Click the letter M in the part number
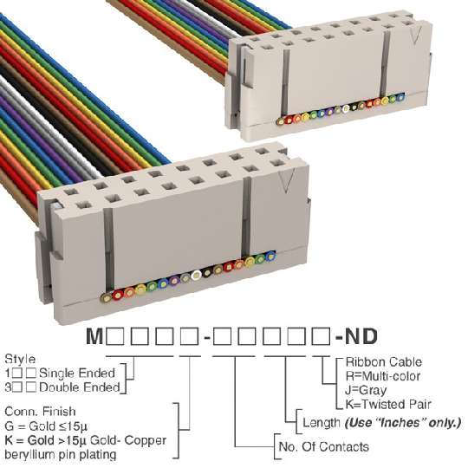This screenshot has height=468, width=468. (x=95, y=336)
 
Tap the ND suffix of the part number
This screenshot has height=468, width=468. (x=361, y=336)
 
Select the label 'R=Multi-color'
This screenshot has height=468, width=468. (x=383, y=376)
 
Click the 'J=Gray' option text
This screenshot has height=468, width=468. (x=366, y=390)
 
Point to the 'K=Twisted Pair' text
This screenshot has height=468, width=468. (x=388, y=405)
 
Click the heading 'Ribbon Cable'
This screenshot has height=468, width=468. (x=384, y=362)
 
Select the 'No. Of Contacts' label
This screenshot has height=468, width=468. (x=324, y=447)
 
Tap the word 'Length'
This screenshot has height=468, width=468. (x=322, y=423)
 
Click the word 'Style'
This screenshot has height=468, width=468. (x=20, y=360)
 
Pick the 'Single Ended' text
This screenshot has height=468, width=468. (x=77, y=373)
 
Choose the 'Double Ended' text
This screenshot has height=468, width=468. (x=80, y=387)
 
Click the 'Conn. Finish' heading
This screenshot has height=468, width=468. (x=40, y=412)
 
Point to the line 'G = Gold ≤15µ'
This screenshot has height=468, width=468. (x=46, y=426)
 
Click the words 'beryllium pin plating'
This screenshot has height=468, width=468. (x=61, y=455)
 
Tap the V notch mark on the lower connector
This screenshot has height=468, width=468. (x=287, y=180)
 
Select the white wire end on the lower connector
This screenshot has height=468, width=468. (x=196, y=275)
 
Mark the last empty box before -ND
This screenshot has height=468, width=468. (x=321, y=336)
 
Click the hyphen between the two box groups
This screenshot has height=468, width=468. (x=207, y=338)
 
